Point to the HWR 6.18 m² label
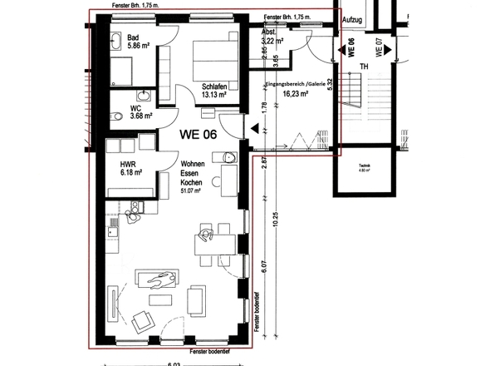coord(131,168)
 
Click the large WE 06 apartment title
coord(202,131)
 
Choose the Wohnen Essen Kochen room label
coord(194,175)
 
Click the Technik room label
coord(364,168)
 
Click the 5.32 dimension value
coord(331,86)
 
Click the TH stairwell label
coord(363,67)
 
